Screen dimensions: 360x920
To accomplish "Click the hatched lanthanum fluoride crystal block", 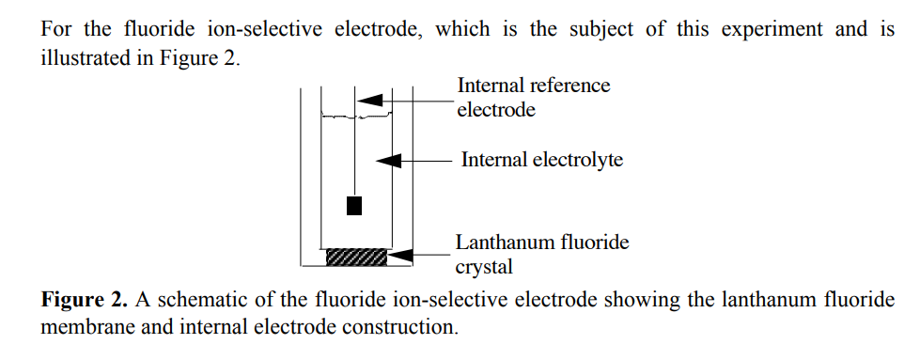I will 355,256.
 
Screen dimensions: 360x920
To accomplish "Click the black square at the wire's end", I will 354,206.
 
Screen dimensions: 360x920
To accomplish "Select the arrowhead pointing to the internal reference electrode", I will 369,99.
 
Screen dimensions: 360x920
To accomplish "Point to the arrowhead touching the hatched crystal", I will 398,254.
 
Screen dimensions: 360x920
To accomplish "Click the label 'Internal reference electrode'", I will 533,98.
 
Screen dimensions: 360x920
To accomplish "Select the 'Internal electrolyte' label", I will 541,160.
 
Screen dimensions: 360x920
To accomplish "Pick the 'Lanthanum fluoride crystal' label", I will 541,255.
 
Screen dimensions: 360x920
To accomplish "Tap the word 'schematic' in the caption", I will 202,301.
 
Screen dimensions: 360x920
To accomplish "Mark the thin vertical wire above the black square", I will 354,150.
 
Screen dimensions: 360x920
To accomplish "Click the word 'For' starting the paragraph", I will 55,28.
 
